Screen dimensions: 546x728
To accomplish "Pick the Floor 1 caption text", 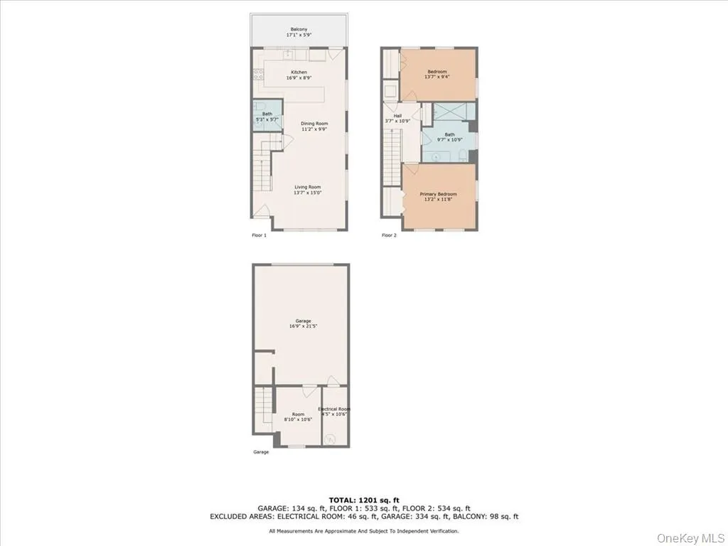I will tap(259, 235).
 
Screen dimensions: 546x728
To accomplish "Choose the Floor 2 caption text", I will tap(389, 235).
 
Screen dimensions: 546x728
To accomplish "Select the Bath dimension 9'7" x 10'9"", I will tap(449, 139).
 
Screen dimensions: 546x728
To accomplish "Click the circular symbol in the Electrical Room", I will tap(331, 439).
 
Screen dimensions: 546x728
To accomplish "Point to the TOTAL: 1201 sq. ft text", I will tap(363, 499).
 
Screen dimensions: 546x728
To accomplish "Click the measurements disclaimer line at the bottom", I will tap(363, 531).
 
